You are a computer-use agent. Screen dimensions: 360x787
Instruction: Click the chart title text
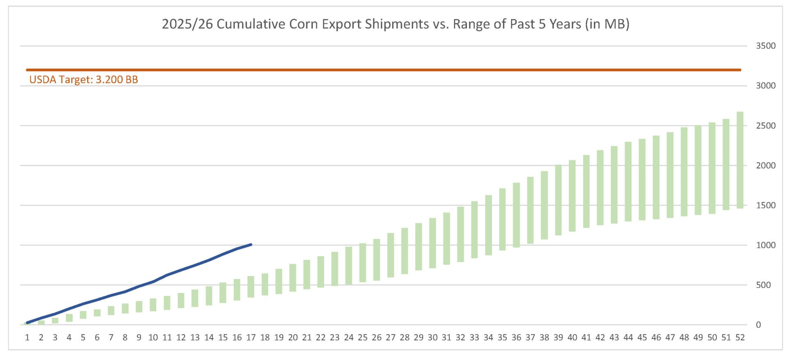pyautogui.click(x=396, y=24)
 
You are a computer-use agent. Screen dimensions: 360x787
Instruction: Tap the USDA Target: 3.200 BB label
pyautogui.click(x=84, y=80)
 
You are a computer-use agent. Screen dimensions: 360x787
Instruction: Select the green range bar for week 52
pyautogui.click(x=740, y=160)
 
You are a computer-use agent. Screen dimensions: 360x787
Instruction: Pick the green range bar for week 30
pyautogui.click(x=432, y=243)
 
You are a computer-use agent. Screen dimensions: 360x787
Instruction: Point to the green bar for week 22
pyautogui.click(x=321, y=272)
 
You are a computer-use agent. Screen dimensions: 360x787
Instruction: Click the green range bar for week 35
pyautogui.click(x=502, y=219)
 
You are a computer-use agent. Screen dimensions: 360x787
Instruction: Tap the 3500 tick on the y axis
pyautogui.click(x=766, y=46)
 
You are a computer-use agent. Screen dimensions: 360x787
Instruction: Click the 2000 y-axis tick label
pyautogui.click(x=766, y=166)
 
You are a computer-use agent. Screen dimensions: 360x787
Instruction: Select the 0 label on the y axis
pyautogui.click(x=758, y=325)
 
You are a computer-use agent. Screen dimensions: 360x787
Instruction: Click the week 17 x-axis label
pyautogui.click(x=251, y=337)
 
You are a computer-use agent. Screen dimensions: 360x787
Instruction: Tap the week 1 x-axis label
pyautogui.click(x=27, y=337)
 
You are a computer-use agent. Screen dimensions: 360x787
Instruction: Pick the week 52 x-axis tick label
pyautogui.click(x=740, y=337)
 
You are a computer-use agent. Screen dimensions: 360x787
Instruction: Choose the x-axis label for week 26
pyautogui.click(x=377, y=337)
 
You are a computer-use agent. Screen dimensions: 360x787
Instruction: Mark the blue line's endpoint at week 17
pyautogui.click(x=251, y=245)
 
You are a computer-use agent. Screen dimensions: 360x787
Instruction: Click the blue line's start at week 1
pyautogui.click(x=27, y=323)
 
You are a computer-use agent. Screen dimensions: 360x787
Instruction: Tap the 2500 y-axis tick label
pyautogui.click(x=766, y=126)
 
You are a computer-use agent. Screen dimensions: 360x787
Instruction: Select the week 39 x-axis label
pyautogui.click(x=558, y=337)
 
